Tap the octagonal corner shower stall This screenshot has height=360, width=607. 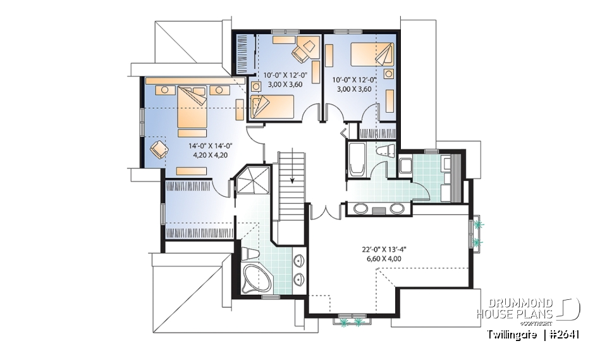click(252, 182)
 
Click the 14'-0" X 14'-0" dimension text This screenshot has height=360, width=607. click(207, 145)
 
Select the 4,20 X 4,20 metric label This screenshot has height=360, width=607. click(207, 154)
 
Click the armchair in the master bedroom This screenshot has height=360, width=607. click(159, 149)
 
